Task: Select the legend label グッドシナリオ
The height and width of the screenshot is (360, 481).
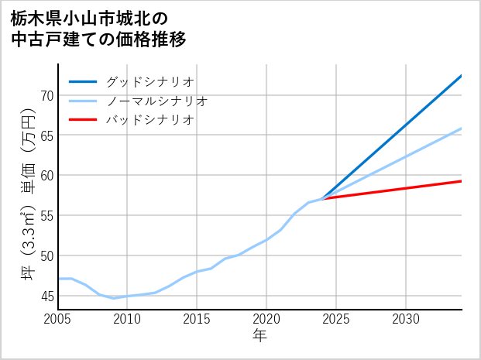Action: (x=149, y=81)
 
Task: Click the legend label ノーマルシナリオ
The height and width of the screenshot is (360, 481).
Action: (x=156, y=101)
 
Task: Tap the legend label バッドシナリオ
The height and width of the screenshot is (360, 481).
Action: (x=149, y=120)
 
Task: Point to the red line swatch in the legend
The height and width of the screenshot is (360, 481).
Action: (x=83, y=120)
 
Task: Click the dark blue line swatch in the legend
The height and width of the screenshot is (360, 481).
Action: (x=83, y=81)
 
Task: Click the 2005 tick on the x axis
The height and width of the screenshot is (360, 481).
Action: (x=58, y=319)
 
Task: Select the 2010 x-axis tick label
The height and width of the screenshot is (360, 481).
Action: (x=127, y=319)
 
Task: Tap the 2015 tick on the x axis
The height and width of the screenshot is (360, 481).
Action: (x=197, y=319)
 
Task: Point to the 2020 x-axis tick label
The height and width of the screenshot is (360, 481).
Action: (x=266, y=319)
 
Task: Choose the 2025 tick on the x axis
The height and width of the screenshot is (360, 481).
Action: (x=336, y=319)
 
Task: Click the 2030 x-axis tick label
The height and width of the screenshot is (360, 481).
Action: (x=406, y=319)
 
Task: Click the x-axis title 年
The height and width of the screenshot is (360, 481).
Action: (x=259, y=336)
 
